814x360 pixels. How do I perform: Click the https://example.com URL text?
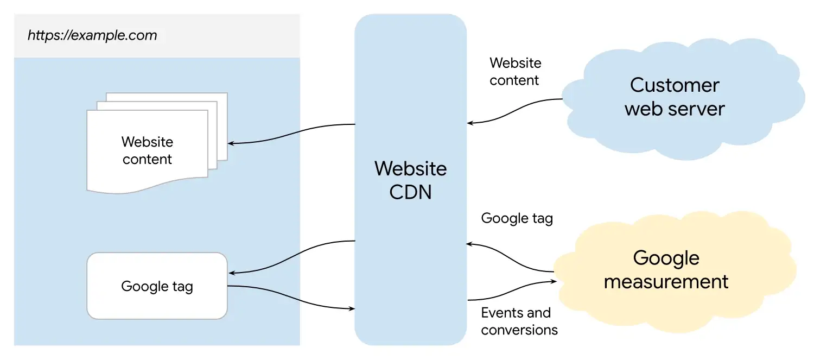92,35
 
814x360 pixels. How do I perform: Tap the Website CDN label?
411,180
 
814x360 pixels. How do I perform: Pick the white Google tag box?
157,286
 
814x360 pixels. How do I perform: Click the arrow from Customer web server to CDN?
514,111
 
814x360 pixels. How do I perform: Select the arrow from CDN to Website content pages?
291,134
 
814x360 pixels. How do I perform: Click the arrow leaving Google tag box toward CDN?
291,298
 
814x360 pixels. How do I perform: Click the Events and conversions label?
519,321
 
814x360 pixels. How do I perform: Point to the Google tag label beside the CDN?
517,218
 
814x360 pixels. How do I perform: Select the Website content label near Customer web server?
516,72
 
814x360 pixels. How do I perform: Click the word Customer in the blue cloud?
675,85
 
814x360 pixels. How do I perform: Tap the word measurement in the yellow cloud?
666,282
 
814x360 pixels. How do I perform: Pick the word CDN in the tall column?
410,192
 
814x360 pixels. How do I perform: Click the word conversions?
519,330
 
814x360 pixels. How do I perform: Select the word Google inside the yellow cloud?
666,258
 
